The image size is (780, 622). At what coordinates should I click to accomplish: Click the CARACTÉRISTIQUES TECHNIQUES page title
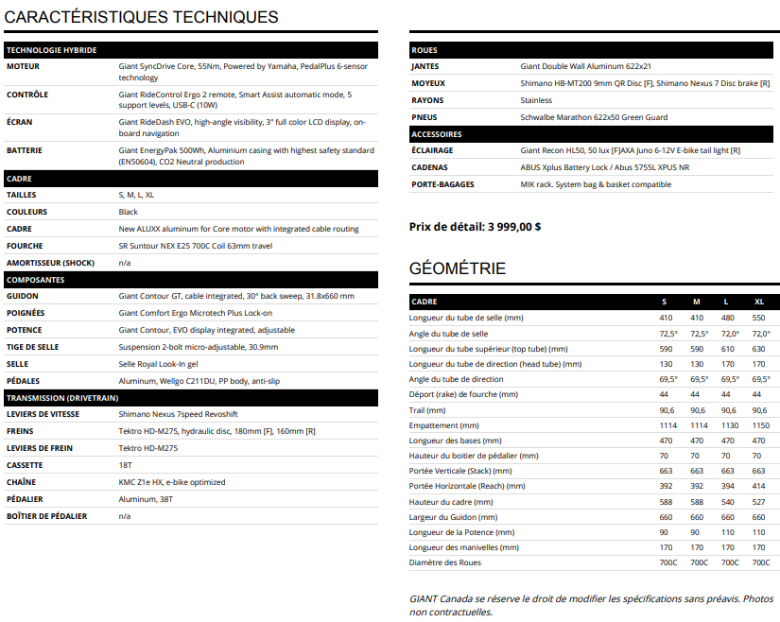click(x=142, y=17)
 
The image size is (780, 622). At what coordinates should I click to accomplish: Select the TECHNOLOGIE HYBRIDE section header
click(x=51, y=50)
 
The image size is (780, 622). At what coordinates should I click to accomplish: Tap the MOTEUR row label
click(x=23, y=67)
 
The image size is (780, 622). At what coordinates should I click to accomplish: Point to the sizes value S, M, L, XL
click(x=137, y=195)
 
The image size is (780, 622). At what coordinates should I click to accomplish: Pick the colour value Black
click(x=129, y=212)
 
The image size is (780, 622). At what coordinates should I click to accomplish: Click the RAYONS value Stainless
click(x=536, y=100)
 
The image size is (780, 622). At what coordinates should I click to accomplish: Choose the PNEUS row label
click(x=425, y=117)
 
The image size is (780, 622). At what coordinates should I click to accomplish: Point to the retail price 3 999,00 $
click(x=514, y=227)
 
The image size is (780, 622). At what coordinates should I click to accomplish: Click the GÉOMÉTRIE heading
click(x=458, y=268)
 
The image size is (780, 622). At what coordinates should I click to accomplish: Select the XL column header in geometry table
click(x=759, y=302)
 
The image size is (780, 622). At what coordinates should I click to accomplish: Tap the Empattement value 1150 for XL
click(x=759, y=424)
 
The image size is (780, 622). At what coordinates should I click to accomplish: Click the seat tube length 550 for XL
click(x=759, y=319)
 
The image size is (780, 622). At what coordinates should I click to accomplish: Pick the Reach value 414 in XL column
click(x=759, y=486)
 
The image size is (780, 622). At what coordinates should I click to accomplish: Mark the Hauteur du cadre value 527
click(x=759, y=501)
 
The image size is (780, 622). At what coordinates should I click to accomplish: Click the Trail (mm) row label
click(x=427, y=410)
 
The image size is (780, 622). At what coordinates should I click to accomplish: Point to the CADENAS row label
click(x=430, y=167)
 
